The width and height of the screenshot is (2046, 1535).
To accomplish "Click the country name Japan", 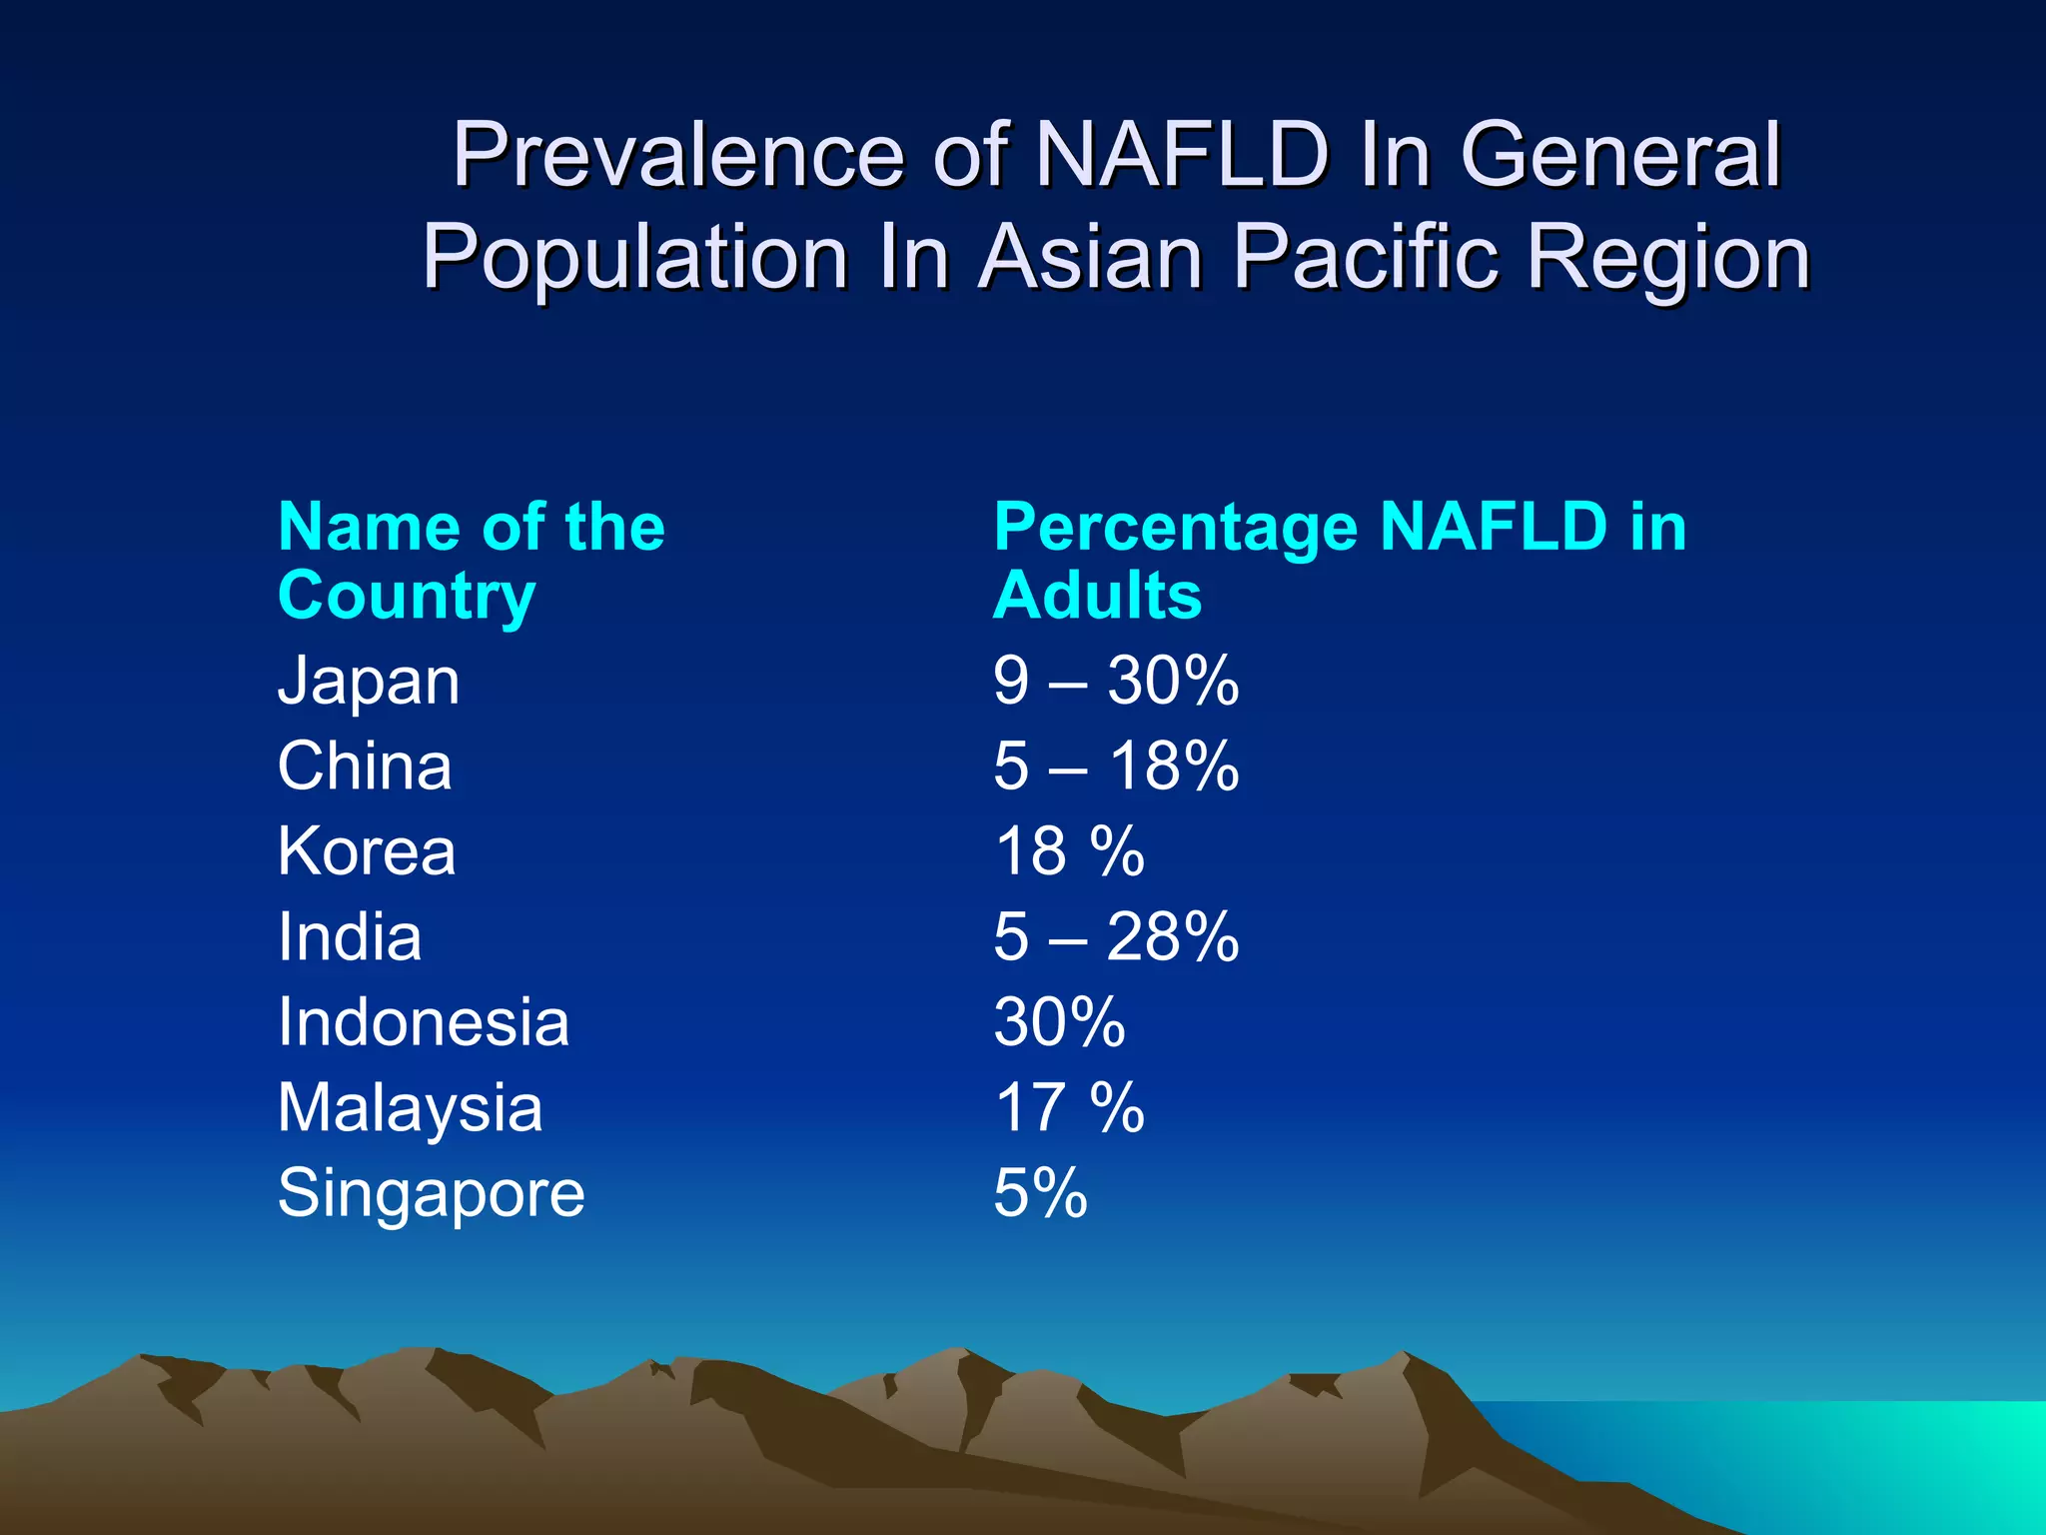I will pyautogui.click(x=369, y=684).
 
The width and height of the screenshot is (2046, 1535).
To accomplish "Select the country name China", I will pyautogui.click(x=365, y=767).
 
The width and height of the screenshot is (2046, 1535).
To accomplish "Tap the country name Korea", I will pyautogui.click(x=367, y=852).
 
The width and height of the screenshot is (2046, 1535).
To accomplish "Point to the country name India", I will pyautogui.click(x=350, y=937).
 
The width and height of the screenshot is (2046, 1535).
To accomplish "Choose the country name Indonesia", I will pyautogui.click(x=424, y=1023).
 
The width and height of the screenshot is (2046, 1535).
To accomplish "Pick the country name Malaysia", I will pyautogui.click(x=410, y=1109).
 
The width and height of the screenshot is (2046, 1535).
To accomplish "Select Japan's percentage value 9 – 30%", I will pyautogui.click(x=1116, y=682).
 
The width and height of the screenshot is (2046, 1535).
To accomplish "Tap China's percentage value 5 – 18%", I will pyautogui.click(x=1116, y=767).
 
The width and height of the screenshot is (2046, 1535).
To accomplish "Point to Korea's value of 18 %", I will pyautogui.click(x=1069, y=852).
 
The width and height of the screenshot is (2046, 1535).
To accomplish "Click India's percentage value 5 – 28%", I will pyautogui.click(x=1116, y=937).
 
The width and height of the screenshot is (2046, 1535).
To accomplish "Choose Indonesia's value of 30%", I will pyautogui.click(x=1059, y=1023).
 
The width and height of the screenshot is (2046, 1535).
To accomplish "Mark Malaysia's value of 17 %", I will pyautogui.click(x=1069, y=1109).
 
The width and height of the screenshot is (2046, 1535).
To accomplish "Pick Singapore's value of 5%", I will pyautogui.click(x=1040, y=1194).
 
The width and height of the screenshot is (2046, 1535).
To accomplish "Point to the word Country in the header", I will pyautogui.click(x=407, y=597).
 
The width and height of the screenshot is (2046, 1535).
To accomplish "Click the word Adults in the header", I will pyautogui.click(x=1097, y=596).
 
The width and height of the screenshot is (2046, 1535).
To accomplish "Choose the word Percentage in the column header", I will pyautogui.click(x=1175, y=529).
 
